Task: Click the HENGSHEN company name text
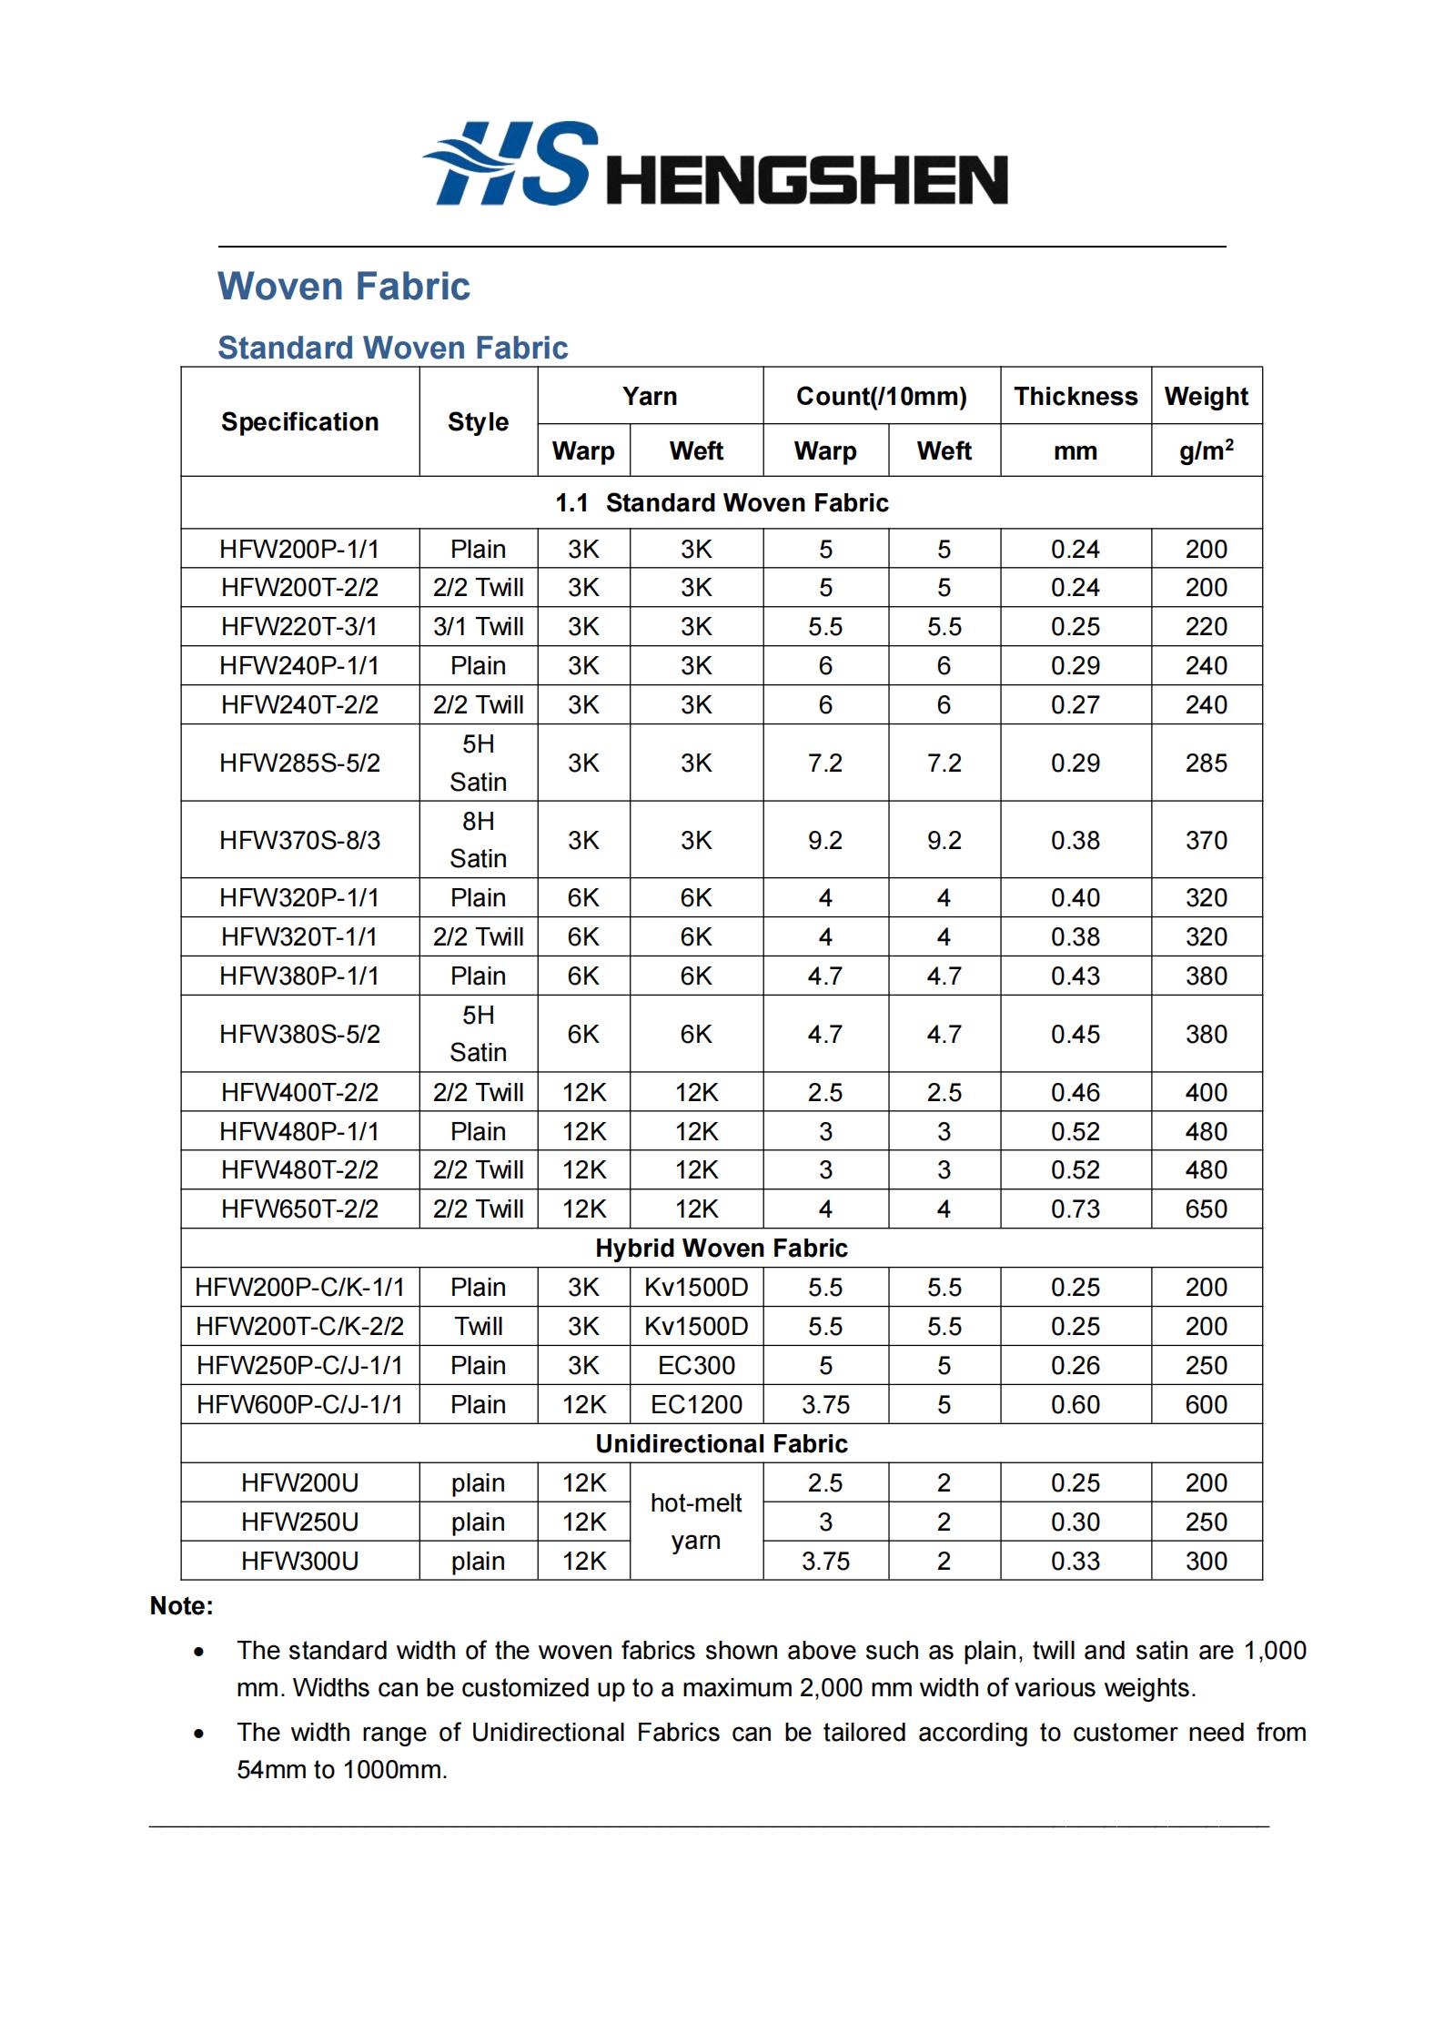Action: [x=806, y=179]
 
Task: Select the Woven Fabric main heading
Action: [x=343, y=286]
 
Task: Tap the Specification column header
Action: [x=299, y=422]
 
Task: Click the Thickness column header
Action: [x=1075, y=397]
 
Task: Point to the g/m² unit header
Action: [x=1206, y=450]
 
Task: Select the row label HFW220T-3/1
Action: [x=299, y=627]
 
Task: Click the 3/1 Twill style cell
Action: [x=478, y=627]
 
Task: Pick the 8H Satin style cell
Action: [x=478, y=840]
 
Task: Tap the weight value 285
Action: [x=1206, y=764]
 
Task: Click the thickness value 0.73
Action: [x=1075, y=1209]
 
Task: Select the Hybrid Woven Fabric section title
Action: [x=722, y=1249]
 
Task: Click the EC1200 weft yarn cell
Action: [x=696, y=1404]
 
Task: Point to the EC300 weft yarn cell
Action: [x=696, y=1365]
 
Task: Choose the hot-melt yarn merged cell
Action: [x=696, y=1522]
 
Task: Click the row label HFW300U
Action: [x=299, y=1561]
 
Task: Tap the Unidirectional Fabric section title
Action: [x=722, y=1443]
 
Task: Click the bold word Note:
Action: [x=182, y=1606]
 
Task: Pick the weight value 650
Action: [x=1206, y=1209]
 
